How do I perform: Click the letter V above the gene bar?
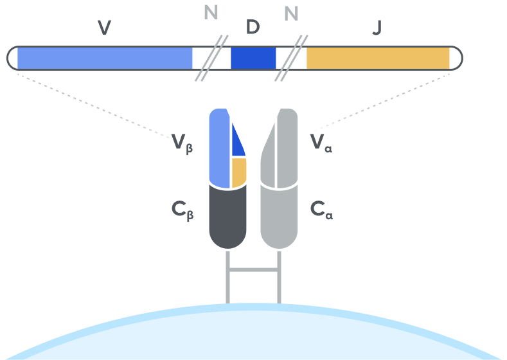click(x=104, y=28)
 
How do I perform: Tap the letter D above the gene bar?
click(x=253, y=27)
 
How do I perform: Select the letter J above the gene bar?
click(x=377, y=28)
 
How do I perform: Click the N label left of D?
click(x=211, y=13)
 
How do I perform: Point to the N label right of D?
click(x=292, y=13)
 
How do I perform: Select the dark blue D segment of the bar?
click(x=253, y=58)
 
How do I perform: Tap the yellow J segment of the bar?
click(x=378, y=58)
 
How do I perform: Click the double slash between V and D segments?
click(x=211, y=58)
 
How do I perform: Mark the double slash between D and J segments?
click(x=291, y=58)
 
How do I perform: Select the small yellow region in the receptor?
click(x=238, y=172)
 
